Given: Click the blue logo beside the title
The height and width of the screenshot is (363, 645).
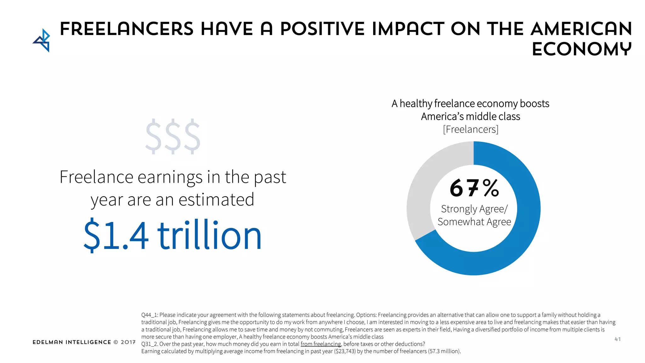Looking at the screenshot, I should click(42, 40).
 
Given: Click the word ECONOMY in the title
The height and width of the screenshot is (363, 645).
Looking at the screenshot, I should click(581, 49).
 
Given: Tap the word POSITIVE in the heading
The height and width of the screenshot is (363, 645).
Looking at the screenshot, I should click(322, 29).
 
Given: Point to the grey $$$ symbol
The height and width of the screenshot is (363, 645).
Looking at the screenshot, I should click(173, 136).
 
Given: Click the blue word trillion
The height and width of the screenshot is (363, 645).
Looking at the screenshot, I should click(209, 236).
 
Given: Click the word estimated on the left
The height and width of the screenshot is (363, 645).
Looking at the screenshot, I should click(216, 200).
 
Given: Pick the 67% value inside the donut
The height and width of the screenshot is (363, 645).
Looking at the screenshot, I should click(474, 188).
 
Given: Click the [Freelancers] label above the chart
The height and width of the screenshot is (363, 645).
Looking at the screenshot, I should click(471, 130).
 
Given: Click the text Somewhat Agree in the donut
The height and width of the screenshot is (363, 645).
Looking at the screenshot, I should click(474, 222).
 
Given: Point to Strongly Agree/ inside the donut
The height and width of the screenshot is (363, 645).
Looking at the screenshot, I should click(474, 209).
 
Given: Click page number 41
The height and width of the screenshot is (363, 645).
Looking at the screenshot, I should click(617, 339).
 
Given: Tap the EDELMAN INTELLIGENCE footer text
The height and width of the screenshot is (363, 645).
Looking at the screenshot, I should click(72, 342).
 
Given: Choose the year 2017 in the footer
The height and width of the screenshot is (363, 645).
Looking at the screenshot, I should click(128, 342).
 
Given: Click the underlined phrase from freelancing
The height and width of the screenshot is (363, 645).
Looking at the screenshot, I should click(321, 344).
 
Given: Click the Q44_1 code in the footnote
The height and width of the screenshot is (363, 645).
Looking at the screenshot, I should click(149, 315).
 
